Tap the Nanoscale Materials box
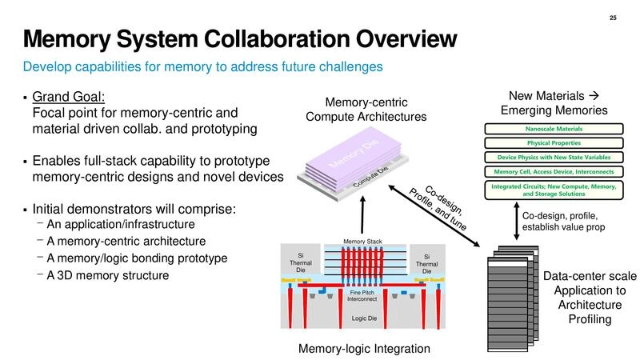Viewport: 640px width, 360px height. (x=554, y=129)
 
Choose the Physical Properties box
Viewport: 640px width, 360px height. (x=554, y=143)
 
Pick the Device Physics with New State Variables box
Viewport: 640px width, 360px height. (x=554, y=158)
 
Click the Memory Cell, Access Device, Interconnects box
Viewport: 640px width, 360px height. (x=554, y=171)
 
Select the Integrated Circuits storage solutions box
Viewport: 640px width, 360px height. (x=554, y=190)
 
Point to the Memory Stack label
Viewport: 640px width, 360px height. (x=363, y=241)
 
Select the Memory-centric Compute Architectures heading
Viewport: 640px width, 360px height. (x=366, y=110)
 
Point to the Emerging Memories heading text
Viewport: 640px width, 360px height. (x=554, y=110)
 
